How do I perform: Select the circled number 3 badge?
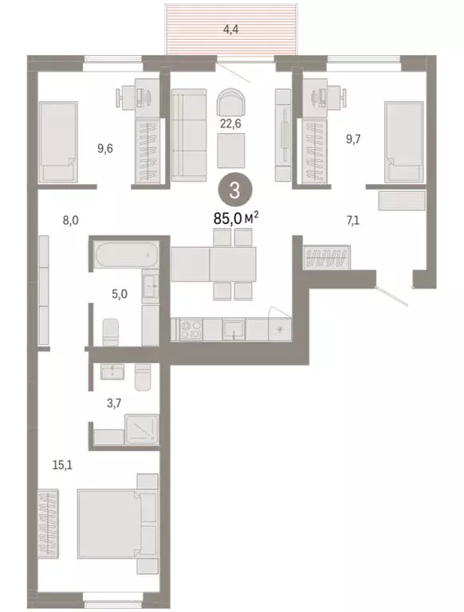[231, 190]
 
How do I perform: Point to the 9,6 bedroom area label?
[106, 147]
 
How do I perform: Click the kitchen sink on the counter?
[233, 328]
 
